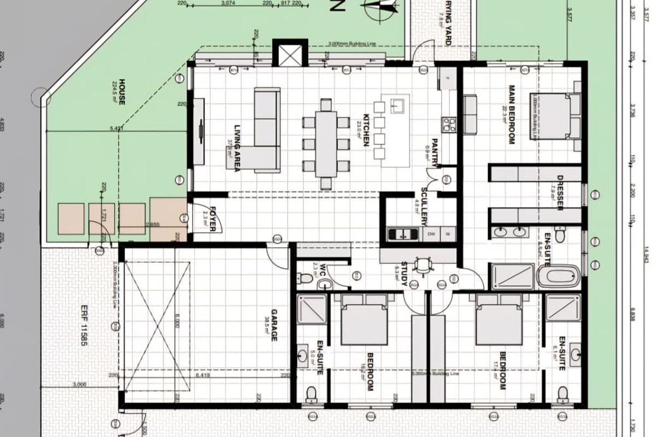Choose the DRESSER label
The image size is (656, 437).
click(559, 192)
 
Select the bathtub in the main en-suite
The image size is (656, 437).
click(558, 276)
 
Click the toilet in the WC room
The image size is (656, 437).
click(307, 279)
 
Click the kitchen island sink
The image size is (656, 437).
click(397, 104)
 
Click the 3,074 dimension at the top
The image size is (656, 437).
click(228, 4)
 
